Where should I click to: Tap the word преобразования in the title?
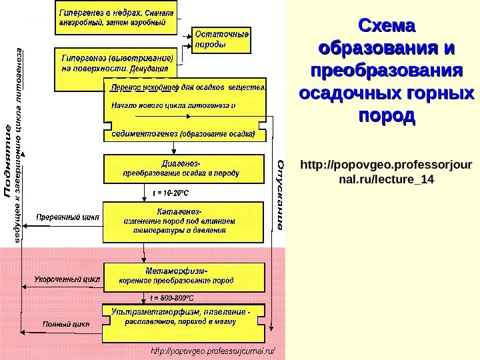coord(387,71)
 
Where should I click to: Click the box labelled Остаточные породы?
coord(223,39)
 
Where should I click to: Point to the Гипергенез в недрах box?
coord(117,17)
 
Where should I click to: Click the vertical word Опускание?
coord(281,194)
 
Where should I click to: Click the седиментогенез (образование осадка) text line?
coord(183,133)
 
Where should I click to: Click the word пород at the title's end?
coord(387,115)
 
